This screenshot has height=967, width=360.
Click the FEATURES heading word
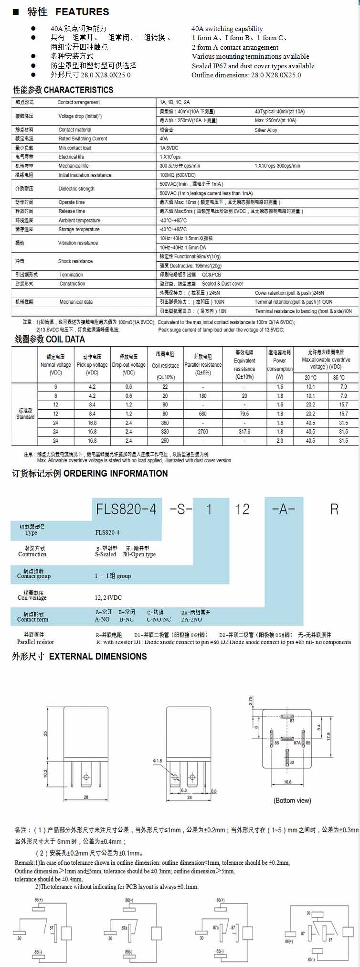82,12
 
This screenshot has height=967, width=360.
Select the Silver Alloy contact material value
265,130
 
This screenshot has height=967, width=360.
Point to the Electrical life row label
71,157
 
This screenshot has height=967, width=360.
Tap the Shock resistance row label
75,261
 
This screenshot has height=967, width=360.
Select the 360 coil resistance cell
165,423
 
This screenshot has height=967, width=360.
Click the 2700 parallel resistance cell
203,432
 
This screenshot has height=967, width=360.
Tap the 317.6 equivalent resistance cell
244,432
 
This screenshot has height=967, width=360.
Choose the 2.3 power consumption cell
280,441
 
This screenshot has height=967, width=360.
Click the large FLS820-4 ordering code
126,509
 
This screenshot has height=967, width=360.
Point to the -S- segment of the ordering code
181,509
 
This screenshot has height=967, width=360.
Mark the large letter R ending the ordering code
334,509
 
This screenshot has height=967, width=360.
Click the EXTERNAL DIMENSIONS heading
98,657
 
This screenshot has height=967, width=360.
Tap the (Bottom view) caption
292,800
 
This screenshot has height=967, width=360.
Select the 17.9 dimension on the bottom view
328,736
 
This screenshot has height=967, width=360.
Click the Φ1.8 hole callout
158,760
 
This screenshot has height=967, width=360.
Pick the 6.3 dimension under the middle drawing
184,790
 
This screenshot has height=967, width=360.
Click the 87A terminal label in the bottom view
297,743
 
